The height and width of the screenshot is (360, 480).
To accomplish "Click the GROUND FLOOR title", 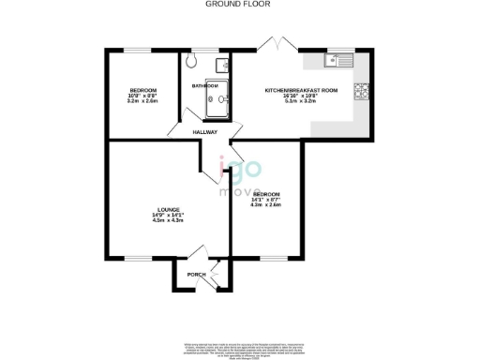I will pos(240,5).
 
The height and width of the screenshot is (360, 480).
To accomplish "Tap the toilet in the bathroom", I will pos(191,63).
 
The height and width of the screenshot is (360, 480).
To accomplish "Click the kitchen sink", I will pos(337,62).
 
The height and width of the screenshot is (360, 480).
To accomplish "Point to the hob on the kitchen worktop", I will pos(361,91).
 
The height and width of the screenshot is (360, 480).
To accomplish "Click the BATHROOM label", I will pos(204,84).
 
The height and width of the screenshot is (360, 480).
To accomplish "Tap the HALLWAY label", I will pos(204,132).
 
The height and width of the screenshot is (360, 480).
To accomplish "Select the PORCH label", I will pos(196,274).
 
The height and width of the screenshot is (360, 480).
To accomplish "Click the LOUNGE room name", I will pos(168,209).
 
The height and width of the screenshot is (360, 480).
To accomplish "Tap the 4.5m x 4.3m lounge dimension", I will pos(168,220).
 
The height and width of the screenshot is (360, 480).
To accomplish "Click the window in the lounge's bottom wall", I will pos(138,259).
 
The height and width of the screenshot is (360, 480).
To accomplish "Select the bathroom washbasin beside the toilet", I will pos(221,65).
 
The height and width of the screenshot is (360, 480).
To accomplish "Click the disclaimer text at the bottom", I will pos(240,346).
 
